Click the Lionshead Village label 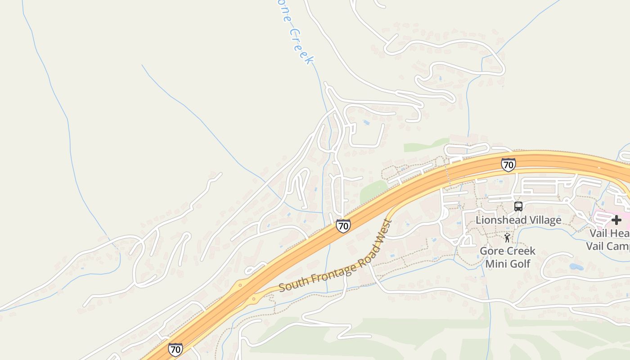click(518, 220)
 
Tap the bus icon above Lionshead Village click(518, 207)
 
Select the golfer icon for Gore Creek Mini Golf click(508, 238)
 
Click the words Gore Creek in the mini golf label click(508, 251)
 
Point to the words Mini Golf click(508, 263)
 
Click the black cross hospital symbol click(616, 220)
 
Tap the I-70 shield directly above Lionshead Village click(508, 165)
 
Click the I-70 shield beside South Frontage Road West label click(343, 225)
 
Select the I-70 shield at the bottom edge click(175, 349)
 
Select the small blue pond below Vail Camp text click(576, 266)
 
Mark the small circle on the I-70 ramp click(240, 285)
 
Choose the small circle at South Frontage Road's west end click(254, 299)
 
